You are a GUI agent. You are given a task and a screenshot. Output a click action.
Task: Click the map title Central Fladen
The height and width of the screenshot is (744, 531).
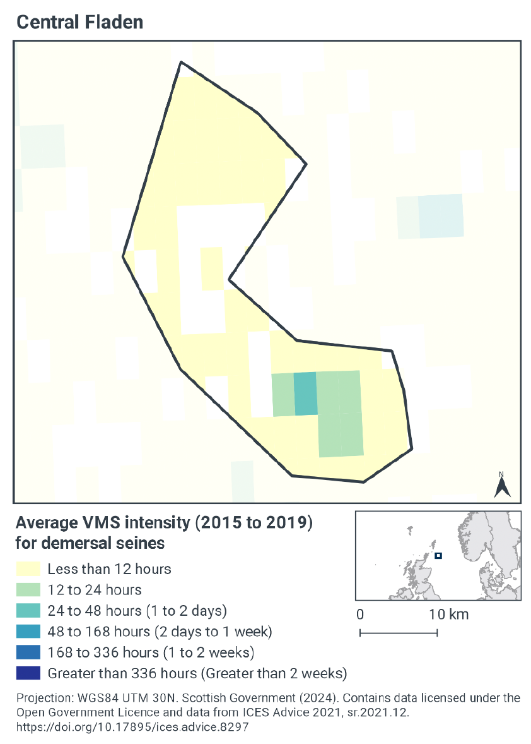(79, 22)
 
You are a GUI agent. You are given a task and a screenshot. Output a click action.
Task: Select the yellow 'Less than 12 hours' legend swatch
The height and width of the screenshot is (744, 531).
(28, 569)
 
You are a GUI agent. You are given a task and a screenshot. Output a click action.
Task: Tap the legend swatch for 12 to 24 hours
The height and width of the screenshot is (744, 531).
(28, 590)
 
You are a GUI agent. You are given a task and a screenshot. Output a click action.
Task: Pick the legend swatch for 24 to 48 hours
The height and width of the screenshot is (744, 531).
(28, 611)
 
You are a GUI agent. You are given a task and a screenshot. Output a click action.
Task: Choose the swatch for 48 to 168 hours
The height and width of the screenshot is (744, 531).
(28, 632)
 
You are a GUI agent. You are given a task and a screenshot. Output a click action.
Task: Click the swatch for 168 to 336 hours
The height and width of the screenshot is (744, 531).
(28, 652)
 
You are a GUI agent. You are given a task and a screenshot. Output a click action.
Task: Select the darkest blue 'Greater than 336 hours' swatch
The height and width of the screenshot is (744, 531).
(28, 673)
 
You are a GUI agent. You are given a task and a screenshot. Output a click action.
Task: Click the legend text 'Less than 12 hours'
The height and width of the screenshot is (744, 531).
(109, 569)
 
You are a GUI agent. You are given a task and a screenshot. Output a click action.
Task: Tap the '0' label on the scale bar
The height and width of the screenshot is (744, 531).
(359, 615)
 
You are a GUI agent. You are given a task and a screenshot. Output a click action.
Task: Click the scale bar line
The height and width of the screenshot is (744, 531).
(398, 632)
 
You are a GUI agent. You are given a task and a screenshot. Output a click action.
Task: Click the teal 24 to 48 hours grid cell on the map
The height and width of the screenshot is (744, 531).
(305, 393)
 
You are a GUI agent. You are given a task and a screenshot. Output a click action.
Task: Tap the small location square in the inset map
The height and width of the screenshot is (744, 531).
(438, 556)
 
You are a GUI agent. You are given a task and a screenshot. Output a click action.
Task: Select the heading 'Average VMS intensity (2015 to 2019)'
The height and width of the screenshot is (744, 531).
(163, 523)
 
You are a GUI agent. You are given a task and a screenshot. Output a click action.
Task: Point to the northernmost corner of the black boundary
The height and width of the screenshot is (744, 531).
(182, 63)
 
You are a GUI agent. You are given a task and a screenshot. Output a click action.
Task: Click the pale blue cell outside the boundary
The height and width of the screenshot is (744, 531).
(440, 216)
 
